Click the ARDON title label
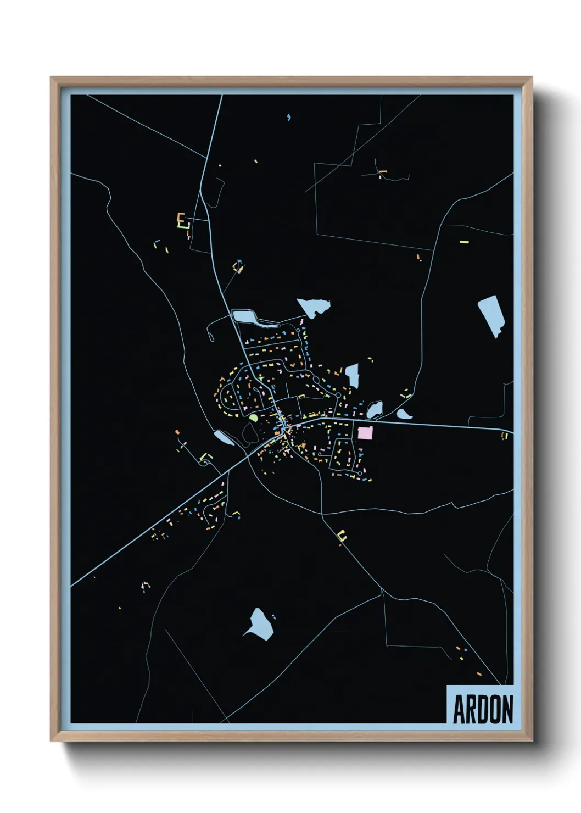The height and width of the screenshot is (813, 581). pos(482,709)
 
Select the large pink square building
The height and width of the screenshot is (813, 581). pos(365,432)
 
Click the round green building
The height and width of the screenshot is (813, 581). pos(253,417)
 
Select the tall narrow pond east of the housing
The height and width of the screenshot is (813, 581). pos(352,375)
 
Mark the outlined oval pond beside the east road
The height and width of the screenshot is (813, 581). pos(375,409)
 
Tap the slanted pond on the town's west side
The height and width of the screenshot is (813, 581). pos(224,437)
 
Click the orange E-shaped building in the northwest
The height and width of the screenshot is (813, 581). pos(180,218)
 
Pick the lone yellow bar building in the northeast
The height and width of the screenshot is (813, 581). pos(464,241)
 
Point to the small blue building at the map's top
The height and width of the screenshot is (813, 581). pos(289,117)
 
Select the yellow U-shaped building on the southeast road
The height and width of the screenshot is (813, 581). pos(343,535)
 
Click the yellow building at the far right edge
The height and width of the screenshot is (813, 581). pos(504,435)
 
